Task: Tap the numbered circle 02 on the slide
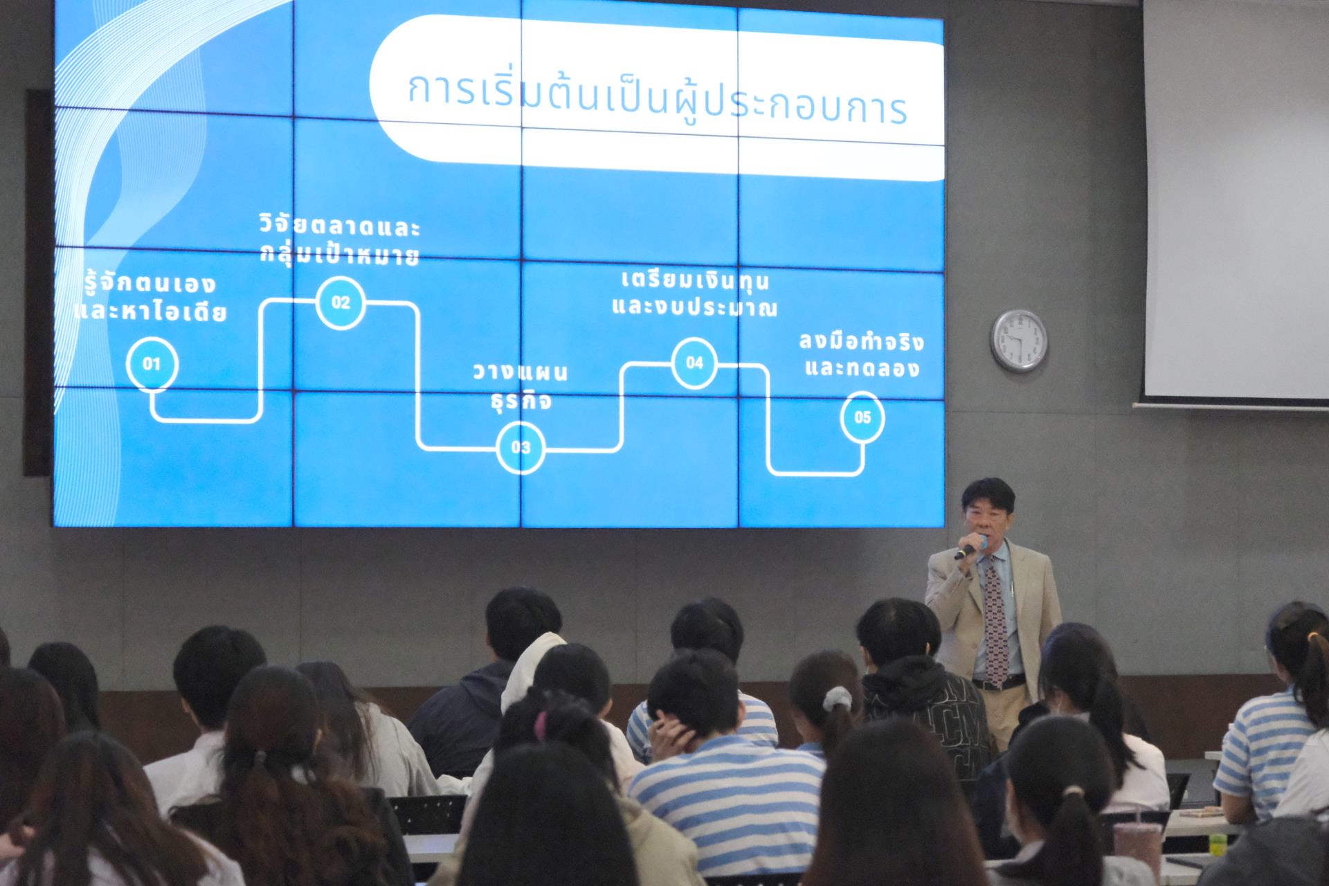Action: tap(341, 302)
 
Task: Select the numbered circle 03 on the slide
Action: tap(521, 447)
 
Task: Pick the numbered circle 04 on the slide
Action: tap(694, 363)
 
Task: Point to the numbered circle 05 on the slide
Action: tap(862, 417)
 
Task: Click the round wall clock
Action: tap(1019, 341)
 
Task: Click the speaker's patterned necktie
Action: tap(995, 623)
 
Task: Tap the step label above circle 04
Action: tap(695, 295)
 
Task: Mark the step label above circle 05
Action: tap(862, 354)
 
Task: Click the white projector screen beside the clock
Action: tap(1236, 201)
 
